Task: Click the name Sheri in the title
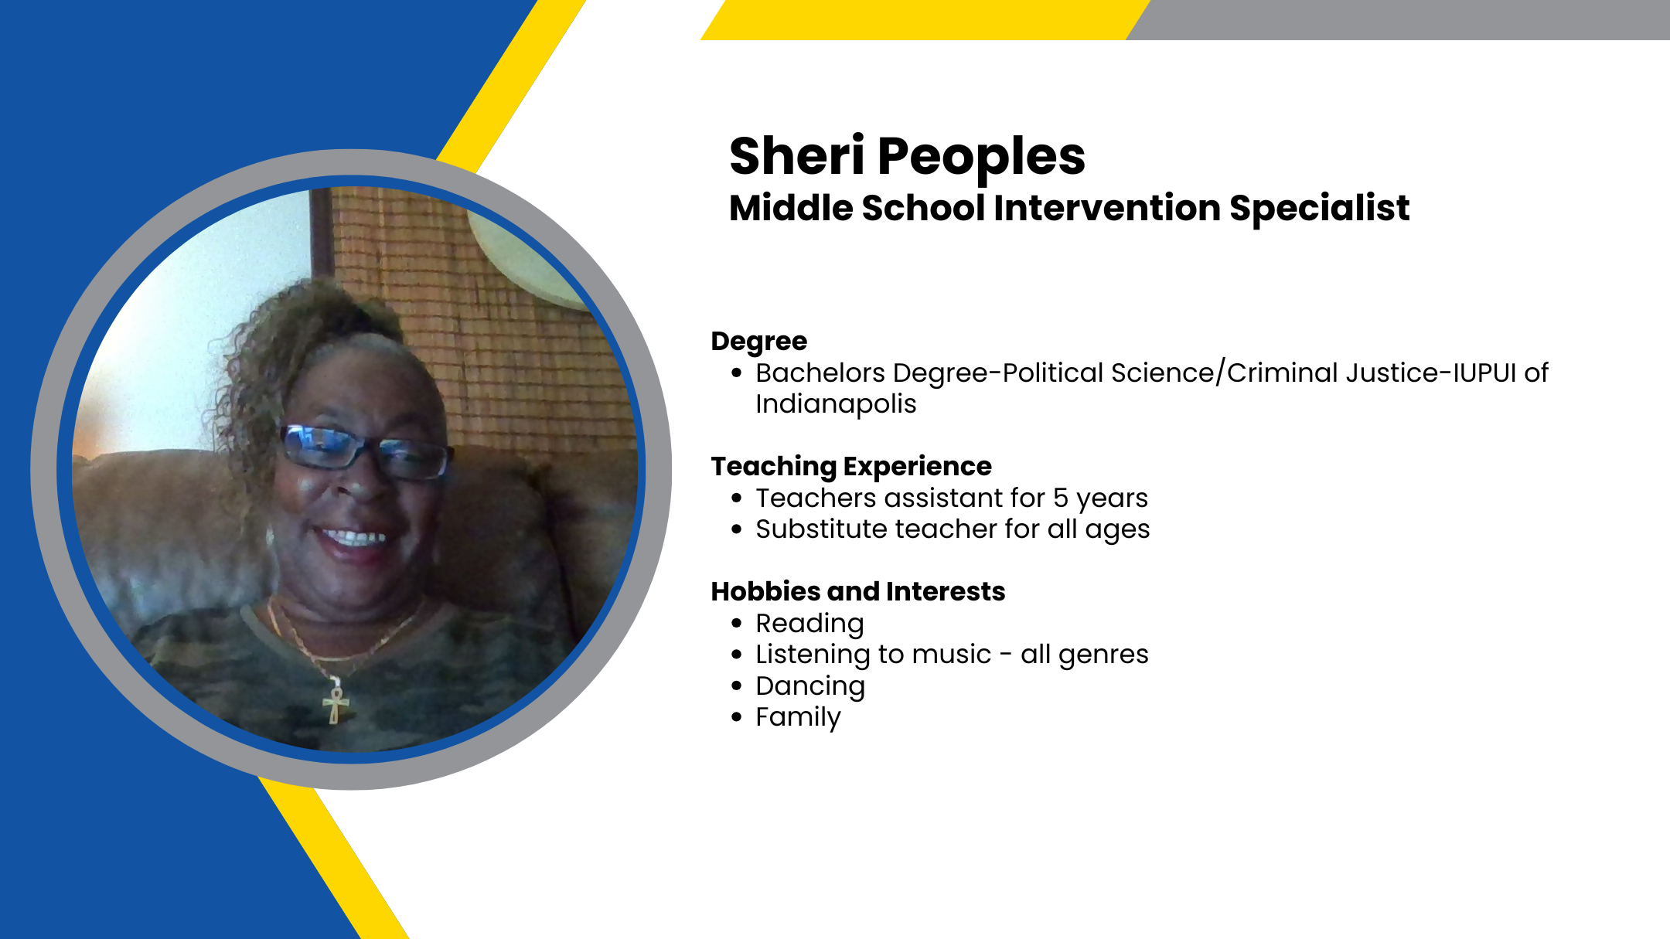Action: click(x=797, y=155)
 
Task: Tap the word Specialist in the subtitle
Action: click(x=1319, y=209)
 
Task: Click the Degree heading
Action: click(x=759, y=342)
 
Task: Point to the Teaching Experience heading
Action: click(x=851, y=467)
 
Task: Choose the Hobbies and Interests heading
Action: click(x=858, y=591)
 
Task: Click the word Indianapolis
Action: click(x=836, y=405)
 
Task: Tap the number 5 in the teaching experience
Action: click(x=1061, y=498)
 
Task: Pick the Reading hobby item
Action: click(x=809, y=624)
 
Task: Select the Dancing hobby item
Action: click(x=810, y=687)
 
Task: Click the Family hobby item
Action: click(x=798, y=718)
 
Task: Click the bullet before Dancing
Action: click(x=736, y=686)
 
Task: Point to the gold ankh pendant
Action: click(x=336, y=700)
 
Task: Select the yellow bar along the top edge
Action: click(x=925, y=20)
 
